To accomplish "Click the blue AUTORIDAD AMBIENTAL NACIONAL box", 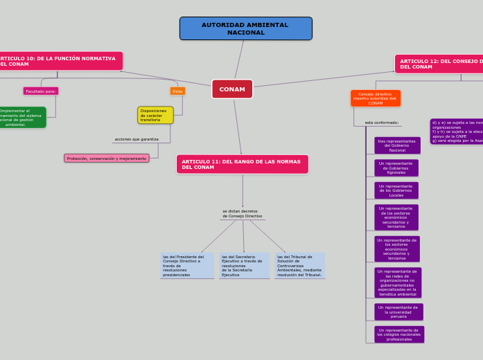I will coord(245,28).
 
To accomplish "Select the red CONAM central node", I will coord(232,89).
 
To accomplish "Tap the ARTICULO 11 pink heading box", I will coord(242,164).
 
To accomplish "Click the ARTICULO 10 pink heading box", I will coord(58,61).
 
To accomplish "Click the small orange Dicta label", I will coord(177,91).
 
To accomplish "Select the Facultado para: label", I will coord(41,91).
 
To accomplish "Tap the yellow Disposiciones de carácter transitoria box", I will coord(155,115).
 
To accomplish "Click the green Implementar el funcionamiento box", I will coord(21,118).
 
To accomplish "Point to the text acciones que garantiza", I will coord(137,139).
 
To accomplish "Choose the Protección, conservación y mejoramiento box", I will coord(107,158).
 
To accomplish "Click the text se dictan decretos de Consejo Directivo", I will coord(242,214).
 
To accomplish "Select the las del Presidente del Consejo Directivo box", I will coord(186,266).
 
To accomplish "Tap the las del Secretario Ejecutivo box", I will coord(244,266).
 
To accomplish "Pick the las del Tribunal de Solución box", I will coord(299,266).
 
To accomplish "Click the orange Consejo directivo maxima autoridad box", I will coord(375,98).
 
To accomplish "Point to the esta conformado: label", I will coord(382,123).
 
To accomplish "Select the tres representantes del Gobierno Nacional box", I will coord(397,145).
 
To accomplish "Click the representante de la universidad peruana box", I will coord(398,312).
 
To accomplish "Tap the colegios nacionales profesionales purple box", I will coord(399,334).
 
